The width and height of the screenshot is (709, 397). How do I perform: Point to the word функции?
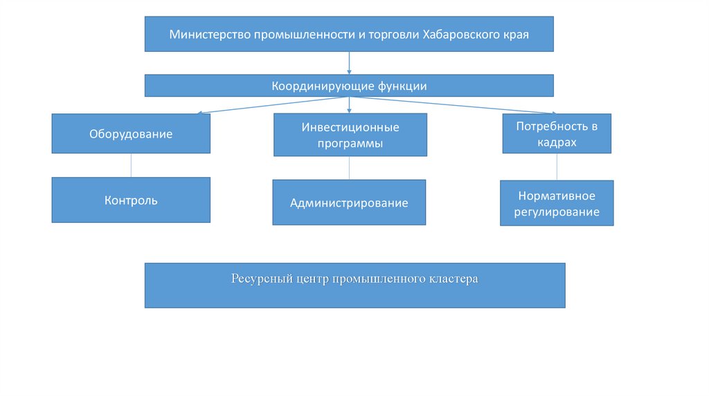(x=402, y=86)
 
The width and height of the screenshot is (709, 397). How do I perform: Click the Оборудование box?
(x=131, y=133)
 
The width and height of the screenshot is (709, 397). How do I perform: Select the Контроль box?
(x=131, y=201)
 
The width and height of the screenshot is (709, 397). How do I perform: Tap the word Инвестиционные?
(x=350, y=127)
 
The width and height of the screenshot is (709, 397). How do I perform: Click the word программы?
(x=350, y=144)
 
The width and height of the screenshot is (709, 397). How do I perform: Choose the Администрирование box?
(x=349, y=203)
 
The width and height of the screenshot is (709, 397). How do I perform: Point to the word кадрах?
(x=557, y=142)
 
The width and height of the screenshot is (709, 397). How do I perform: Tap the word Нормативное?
(x=557, y=196)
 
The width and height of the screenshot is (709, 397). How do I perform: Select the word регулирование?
(x=557, y=212)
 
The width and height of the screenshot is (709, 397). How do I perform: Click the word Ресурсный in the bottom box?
(x=257, y=279)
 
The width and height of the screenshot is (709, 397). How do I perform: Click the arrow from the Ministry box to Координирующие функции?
(x=349, y=63)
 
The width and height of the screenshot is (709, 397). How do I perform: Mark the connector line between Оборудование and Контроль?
(x=131, y=165)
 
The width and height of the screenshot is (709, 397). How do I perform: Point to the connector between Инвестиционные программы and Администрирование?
(x=349, y=168)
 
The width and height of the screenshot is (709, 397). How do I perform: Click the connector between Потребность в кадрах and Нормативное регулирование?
(x=557, y=167)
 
